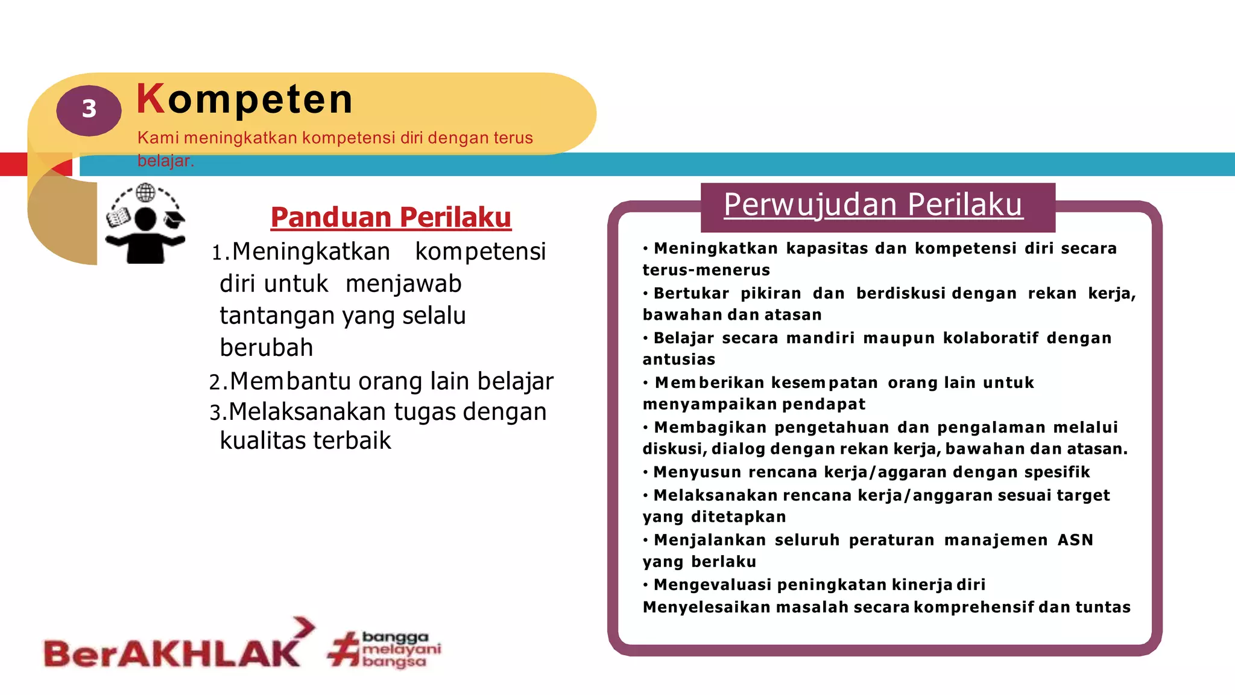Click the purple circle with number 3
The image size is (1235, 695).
tap(89, 110)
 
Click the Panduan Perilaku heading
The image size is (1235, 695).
tap(391, 217)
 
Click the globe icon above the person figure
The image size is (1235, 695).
tap(145, 193)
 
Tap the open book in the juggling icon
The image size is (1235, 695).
tap(118, 217)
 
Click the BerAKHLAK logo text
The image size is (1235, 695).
tap(172, 653)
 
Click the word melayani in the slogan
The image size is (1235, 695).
tap(402, 649)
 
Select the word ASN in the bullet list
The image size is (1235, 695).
tap(1075, 540)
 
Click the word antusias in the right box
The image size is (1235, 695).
tap(678, 360)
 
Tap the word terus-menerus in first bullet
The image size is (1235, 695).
tap(706, 270)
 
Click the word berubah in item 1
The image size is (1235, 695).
tap(267, 348)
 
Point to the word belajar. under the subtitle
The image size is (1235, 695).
tap(165, 161)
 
